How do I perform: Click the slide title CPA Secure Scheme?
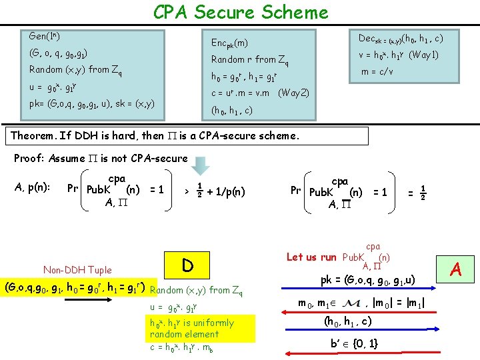(241, 12)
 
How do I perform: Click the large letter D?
(188, 266)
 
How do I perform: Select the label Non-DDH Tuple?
(77, 270)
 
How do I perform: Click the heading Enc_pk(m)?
(229, 43)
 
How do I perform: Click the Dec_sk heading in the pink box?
(401, 39)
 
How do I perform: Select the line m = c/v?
(377, 71)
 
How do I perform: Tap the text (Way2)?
(293, 93)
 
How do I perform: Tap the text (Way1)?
(423, 55)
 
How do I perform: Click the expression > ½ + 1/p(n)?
(215, 192)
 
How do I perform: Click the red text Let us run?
(311, 257)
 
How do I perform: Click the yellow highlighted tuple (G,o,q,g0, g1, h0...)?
(75, 289)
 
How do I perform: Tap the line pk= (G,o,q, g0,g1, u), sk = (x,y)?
(92, 103)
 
